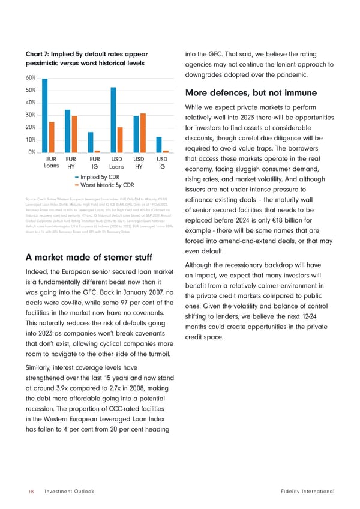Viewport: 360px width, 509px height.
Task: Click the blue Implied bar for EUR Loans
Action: tap(45, 115)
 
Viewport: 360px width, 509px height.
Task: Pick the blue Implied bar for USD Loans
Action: tap(113, 119)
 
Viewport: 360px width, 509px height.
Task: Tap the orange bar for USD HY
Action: tap(143, 133)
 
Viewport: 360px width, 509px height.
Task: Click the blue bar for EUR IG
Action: tap(91, 142)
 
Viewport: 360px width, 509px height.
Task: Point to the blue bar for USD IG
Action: tap(159, 145)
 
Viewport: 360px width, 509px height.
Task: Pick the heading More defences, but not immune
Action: tap(251, 94)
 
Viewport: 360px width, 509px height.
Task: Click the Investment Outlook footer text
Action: tap(69, 492)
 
